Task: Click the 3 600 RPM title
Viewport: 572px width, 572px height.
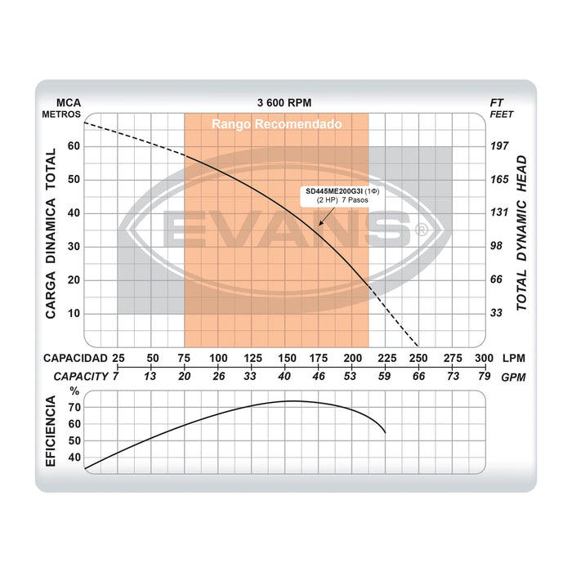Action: coord(284,103)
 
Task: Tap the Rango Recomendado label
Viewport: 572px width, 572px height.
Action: coord(276,124)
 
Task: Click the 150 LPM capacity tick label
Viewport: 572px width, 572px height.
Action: coord(286,359)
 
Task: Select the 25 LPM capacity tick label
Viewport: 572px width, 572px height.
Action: coord(118,359)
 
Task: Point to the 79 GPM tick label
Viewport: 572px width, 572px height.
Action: coord(484,376)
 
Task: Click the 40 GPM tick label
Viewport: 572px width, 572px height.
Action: coord(285,376)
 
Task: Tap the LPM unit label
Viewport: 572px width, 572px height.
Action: coord(514,359)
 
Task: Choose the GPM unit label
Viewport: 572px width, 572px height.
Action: coord(514,377)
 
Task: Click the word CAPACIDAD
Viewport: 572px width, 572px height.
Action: coord(75,359)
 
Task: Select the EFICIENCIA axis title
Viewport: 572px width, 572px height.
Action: coord(51,431)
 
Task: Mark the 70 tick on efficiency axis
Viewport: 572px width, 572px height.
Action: coord(75,407)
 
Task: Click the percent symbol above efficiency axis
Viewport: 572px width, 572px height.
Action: coord(75,391)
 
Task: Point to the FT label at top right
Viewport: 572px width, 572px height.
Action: coord(496,103)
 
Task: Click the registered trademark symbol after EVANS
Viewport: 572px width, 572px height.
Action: coord(422,231)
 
